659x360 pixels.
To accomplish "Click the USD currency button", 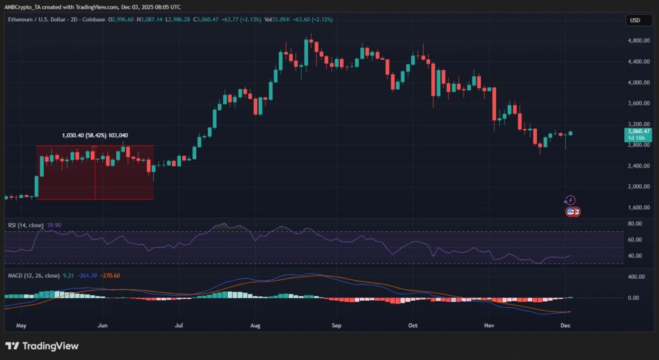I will click(634, 21).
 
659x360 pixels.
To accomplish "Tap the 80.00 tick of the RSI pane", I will click(635, 223).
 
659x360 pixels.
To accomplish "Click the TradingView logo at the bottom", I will click(42, 346).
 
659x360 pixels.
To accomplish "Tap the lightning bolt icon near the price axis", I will click(570, 200).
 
